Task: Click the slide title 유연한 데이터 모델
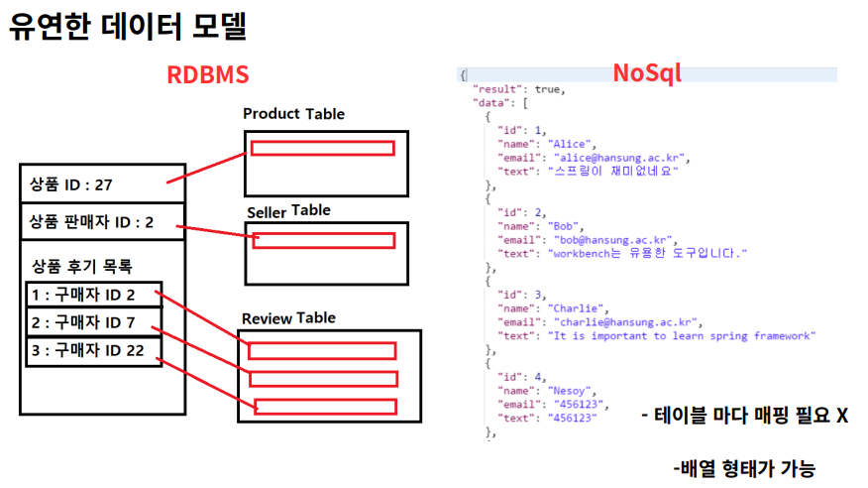[x=128, y=27]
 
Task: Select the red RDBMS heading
[x=207, y=76]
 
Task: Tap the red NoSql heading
[x=647, y=73]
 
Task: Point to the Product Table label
[x=293, y=114]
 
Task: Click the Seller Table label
[x=288, y=210]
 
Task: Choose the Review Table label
[x=288, y=318]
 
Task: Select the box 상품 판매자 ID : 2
[x=91, y=222]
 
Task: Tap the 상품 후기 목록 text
[x=82, y=266]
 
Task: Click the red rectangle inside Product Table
[x=323, y=149]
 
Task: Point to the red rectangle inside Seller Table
[x=324, y=240]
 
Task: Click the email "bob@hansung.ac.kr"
[x=611, y=240]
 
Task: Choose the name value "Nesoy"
[x=569, y=392]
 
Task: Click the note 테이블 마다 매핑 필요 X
[x=744, y=415]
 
